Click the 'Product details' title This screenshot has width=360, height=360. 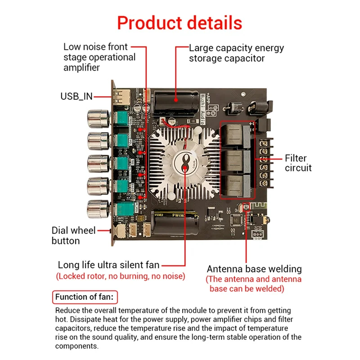180,23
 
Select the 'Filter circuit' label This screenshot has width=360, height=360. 298,163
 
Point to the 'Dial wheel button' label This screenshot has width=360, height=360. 73,235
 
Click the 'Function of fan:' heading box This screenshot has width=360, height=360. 85,297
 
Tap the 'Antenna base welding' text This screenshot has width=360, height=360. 254,269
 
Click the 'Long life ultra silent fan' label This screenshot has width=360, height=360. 108,265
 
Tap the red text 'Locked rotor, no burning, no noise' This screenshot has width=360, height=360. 120,276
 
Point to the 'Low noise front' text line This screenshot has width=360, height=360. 95,47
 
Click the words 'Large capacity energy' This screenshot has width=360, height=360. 236,48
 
